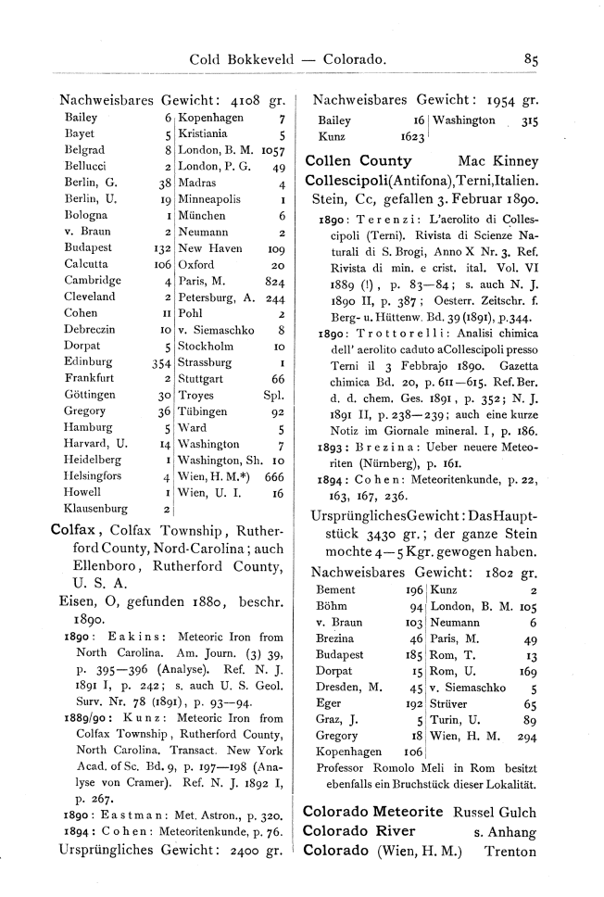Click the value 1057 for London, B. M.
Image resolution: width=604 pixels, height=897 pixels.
tap(271, 151)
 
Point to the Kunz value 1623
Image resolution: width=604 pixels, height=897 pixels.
tap(412, 136)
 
